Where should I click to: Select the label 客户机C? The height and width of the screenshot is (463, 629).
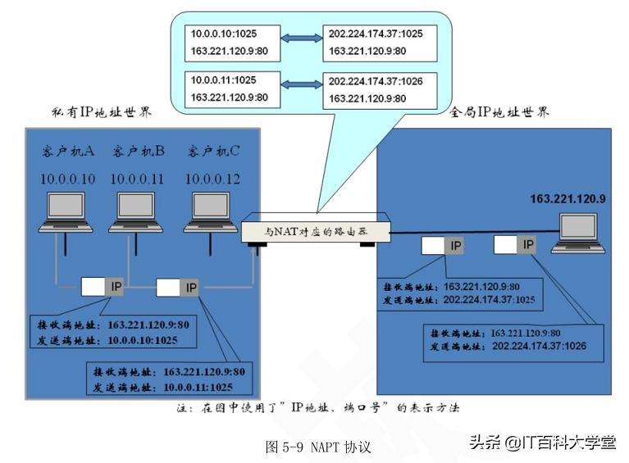(212, 152)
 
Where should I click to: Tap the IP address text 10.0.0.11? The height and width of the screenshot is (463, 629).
(138, 179)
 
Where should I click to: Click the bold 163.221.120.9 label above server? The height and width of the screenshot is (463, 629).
(567, 198)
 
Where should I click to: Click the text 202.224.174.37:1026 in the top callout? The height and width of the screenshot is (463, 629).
(376, 82)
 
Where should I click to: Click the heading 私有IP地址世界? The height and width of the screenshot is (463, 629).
(101, 111)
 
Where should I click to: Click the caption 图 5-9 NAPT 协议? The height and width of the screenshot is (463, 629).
(318, 447)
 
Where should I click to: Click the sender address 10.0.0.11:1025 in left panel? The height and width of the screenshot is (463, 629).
(198, 386)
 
